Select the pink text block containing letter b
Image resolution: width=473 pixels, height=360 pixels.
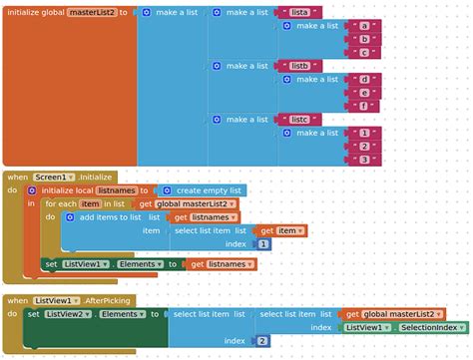click(x=366, y=39)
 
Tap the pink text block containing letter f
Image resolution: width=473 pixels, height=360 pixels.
click(x=366, y=106)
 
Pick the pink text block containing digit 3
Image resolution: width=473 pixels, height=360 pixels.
click(x=365, y=160)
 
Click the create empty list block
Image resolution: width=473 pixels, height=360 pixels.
click(x=200, y=189)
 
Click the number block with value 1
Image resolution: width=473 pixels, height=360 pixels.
click(x=263, y=243)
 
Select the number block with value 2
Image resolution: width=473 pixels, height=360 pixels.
click(x=262, y=340)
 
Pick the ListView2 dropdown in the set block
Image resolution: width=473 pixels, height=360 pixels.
click(x=65, y=313)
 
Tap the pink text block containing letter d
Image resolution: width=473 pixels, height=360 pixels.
click(x=366, y=79)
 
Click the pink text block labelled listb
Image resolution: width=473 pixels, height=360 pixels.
click(x=297, y=66)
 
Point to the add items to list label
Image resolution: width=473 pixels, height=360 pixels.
click(x=111, y=216)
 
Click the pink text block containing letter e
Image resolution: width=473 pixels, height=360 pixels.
click(x=366, y=93)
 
